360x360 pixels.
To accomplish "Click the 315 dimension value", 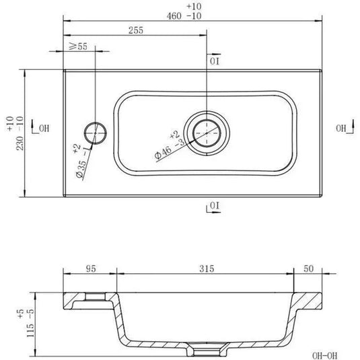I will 206,269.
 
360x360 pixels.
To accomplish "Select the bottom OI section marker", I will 213,205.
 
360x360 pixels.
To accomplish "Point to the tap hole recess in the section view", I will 97,295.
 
